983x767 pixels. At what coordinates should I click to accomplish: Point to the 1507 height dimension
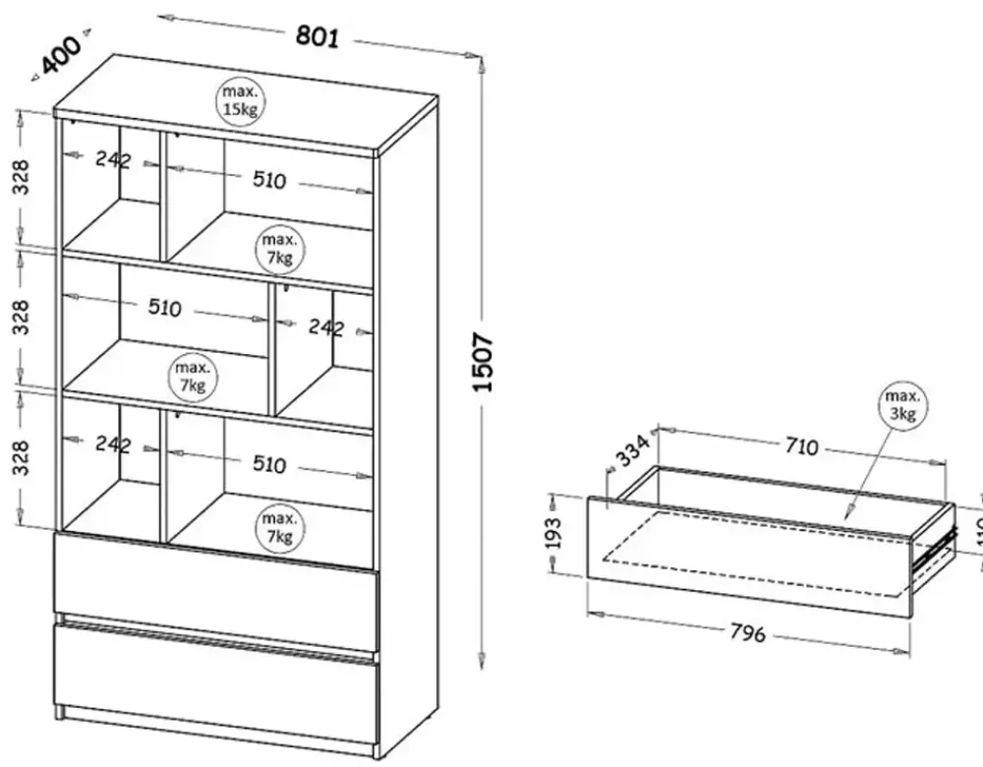click(x=485, y=362)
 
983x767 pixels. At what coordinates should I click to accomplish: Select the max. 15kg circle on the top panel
click(x=240, y=101)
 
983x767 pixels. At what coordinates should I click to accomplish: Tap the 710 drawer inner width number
click(x=800, y=447)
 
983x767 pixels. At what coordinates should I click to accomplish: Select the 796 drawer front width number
click(x=748, y=633)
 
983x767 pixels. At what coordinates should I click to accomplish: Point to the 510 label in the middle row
click(x=165, y=309)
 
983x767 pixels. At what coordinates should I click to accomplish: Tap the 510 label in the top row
click(x=268, y=180)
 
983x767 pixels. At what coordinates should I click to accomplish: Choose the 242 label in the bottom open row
click(x=113, y=444)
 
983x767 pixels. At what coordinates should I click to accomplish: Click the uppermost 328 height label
click(x=21, y=177)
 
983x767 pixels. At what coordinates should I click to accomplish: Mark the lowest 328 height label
click(x=21, y=458)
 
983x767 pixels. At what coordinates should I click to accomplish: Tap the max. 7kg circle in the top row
click(x=279, y=249)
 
